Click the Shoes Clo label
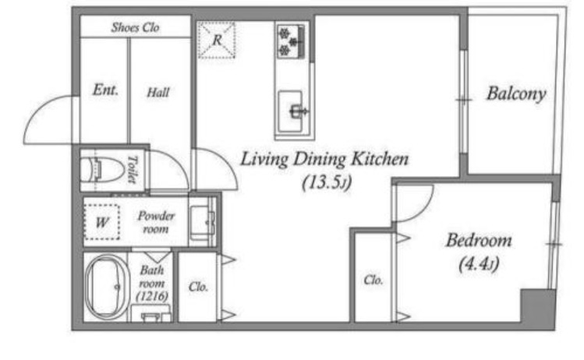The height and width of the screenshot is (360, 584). point(135,27)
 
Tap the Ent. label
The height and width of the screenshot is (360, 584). point(105,90)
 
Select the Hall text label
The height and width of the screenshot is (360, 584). point(158,92)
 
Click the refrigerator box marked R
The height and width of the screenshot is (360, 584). point(217,40)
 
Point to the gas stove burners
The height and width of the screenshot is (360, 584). point(291,41)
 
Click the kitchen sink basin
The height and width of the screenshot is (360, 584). point(291,111)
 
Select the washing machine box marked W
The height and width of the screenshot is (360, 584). point(102,222)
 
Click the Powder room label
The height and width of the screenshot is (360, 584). point(156,222)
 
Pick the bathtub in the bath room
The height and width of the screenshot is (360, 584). point(108,287)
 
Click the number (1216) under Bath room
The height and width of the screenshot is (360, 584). point(152,297)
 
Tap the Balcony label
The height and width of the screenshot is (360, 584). point(516,94)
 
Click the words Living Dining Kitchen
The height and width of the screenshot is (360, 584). point(324,159)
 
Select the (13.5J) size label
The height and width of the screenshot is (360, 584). point(327,183)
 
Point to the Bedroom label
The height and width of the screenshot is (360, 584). point(479,241)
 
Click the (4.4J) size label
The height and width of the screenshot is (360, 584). point(479,264)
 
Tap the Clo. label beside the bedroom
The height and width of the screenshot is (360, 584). point(373,280)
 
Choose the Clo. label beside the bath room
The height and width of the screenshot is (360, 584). point(198,287)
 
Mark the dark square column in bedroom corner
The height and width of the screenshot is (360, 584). point(538,305)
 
